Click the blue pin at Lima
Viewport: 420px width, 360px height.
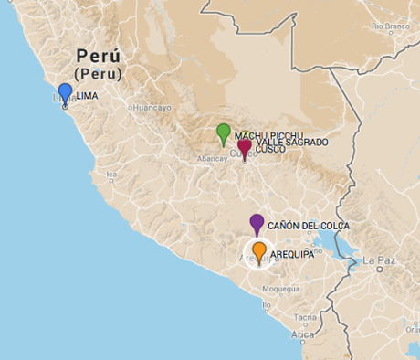click(x=65, y=92)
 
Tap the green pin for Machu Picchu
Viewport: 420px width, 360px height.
click(x=223, y=132)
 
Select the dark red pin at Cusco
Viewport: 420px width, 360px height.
click(x=245, y=146)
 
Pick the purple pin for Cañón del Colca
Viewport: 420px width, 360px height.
click(x=257, y=222)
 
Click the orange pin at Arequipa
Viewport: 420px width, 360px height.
click(x=259, y=250)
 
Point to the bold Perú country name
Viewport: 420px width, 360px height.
click(x=99, y=54)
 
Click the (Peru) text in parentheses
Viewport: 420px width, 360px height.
click(x=99, y=72)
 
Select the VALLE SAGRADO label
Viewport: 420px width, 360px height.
click(x=292, y=143)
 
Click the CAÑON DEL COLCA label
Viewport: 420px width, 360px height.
click(x=309, y=226)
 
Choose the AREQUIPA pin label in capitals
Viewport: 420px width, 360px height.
click(x=292, y=256)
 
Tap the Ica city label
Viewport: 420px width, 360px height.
click(x=111, y=175)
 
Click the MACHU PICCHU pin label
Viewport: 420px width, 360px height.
click(x=268, y=135)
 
